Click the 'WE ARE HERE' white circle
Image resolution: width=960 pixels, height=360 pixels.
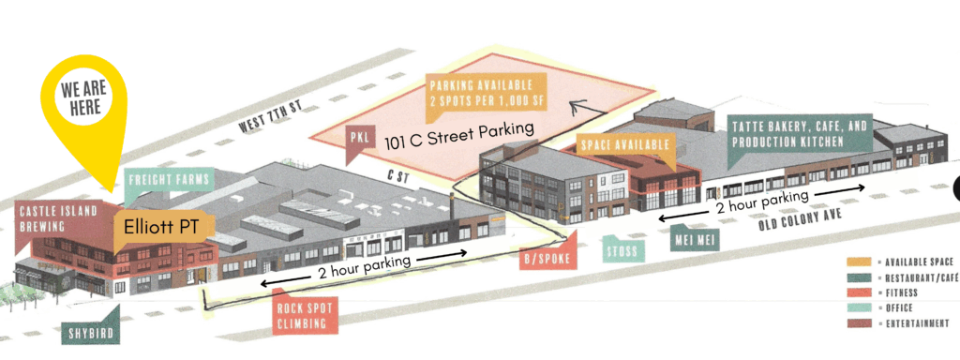click(x=85, y=97)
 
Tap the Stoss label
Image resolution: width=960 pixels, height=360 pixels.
click(x=623, y=250)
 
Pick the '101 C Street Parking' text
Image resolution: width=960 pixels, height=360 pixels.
click(x=459, y=135)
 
